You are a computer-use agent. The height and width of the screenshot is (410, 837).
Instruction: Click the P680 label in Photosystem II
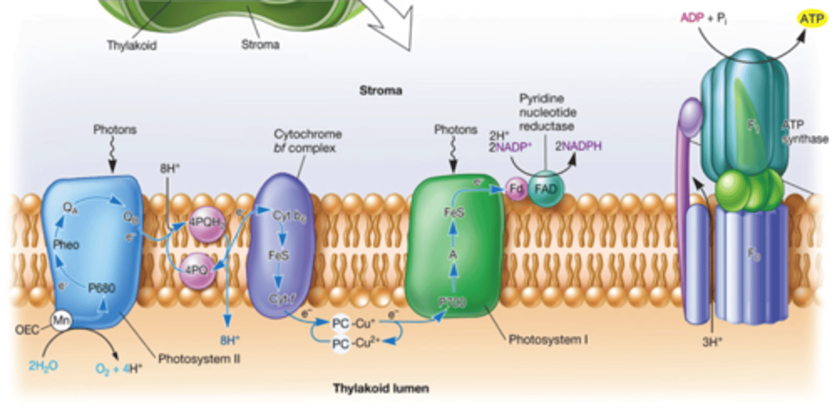pyautogui.click(x=102, y=287)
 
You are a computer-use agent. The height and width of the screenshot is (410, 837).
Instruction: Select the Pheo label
pyautogui.click(x=67, y=244)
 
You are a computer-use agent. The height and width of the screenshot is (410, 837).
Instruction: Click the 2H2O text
pyautogui.click(x=43, y=366)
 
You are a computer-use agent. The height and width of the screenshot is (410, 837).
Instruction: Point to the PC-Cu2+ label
pyautogui.click(x=356, y=344)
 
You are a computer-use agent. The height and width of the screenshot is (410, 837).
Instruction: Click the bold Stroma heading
pyautogui.click(x=381, y=91)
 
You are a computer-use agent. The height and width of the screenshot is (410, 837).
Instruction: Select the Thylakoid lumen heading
pyautogui.click(x=381, y=388)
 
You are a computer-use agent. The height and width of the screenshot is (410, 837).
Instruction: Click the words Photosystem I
pyautogui.click(x=548, y=338)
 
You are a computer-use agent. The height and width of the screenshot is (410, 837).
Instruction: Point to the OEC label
pyautogui.click(x=28, y=330)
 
